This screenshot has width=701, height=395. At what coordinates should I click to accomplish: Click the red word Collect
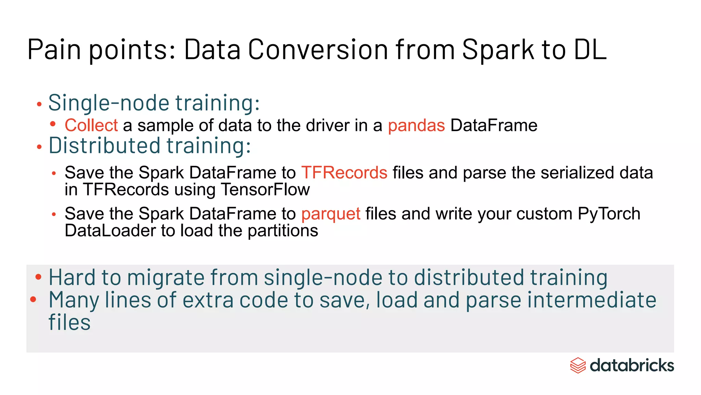click(91, 125)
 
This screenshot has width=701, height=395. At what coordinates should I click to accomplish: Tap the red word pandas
click(416, 125)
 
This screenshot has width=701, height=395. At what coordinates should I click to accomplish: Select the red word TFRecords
click(344, 172)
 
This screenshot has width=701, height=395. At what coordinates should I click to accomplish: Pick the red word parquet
click(331, 214)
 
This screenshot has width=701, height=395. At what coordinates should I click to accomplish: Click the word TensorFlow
click(265, 190)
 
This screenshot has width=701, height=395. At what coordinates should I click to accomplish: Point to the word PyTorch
click(609, 214)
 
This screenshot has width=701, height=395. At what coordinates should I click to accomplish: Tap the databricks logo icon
click(578, 366)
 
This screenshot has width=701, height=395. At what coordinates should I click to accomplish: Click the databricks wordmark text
click(632, 366)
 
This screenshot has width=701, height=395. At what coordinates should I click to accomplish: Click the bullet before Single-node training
click(39, 104)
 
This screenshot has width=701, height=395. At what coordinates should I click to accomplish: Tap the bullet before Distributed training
click(39, 147)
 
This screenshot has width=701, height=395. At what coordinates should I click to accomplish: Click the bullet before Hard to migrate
click(38, 277)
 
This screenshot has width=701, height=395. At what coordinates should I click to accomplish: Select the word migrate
click(166, 278)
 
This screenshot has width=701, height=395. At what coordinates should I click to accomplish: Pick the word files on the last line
click(69, 323)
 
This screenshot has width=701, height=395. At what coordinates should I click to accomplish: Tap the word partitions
click(283, 231)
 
